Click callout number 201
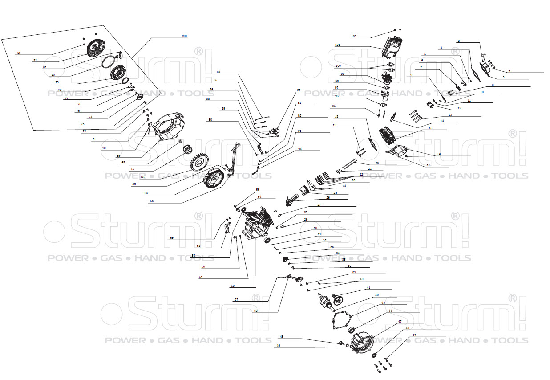point(185,36)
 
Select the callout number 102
point(354,36)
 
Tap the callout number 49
point(414,335)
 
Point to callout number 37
point(236,300)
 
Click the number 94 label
point(300,149)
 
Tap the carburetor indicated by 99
point(388,80)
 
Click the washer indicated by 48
point(373,355)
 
